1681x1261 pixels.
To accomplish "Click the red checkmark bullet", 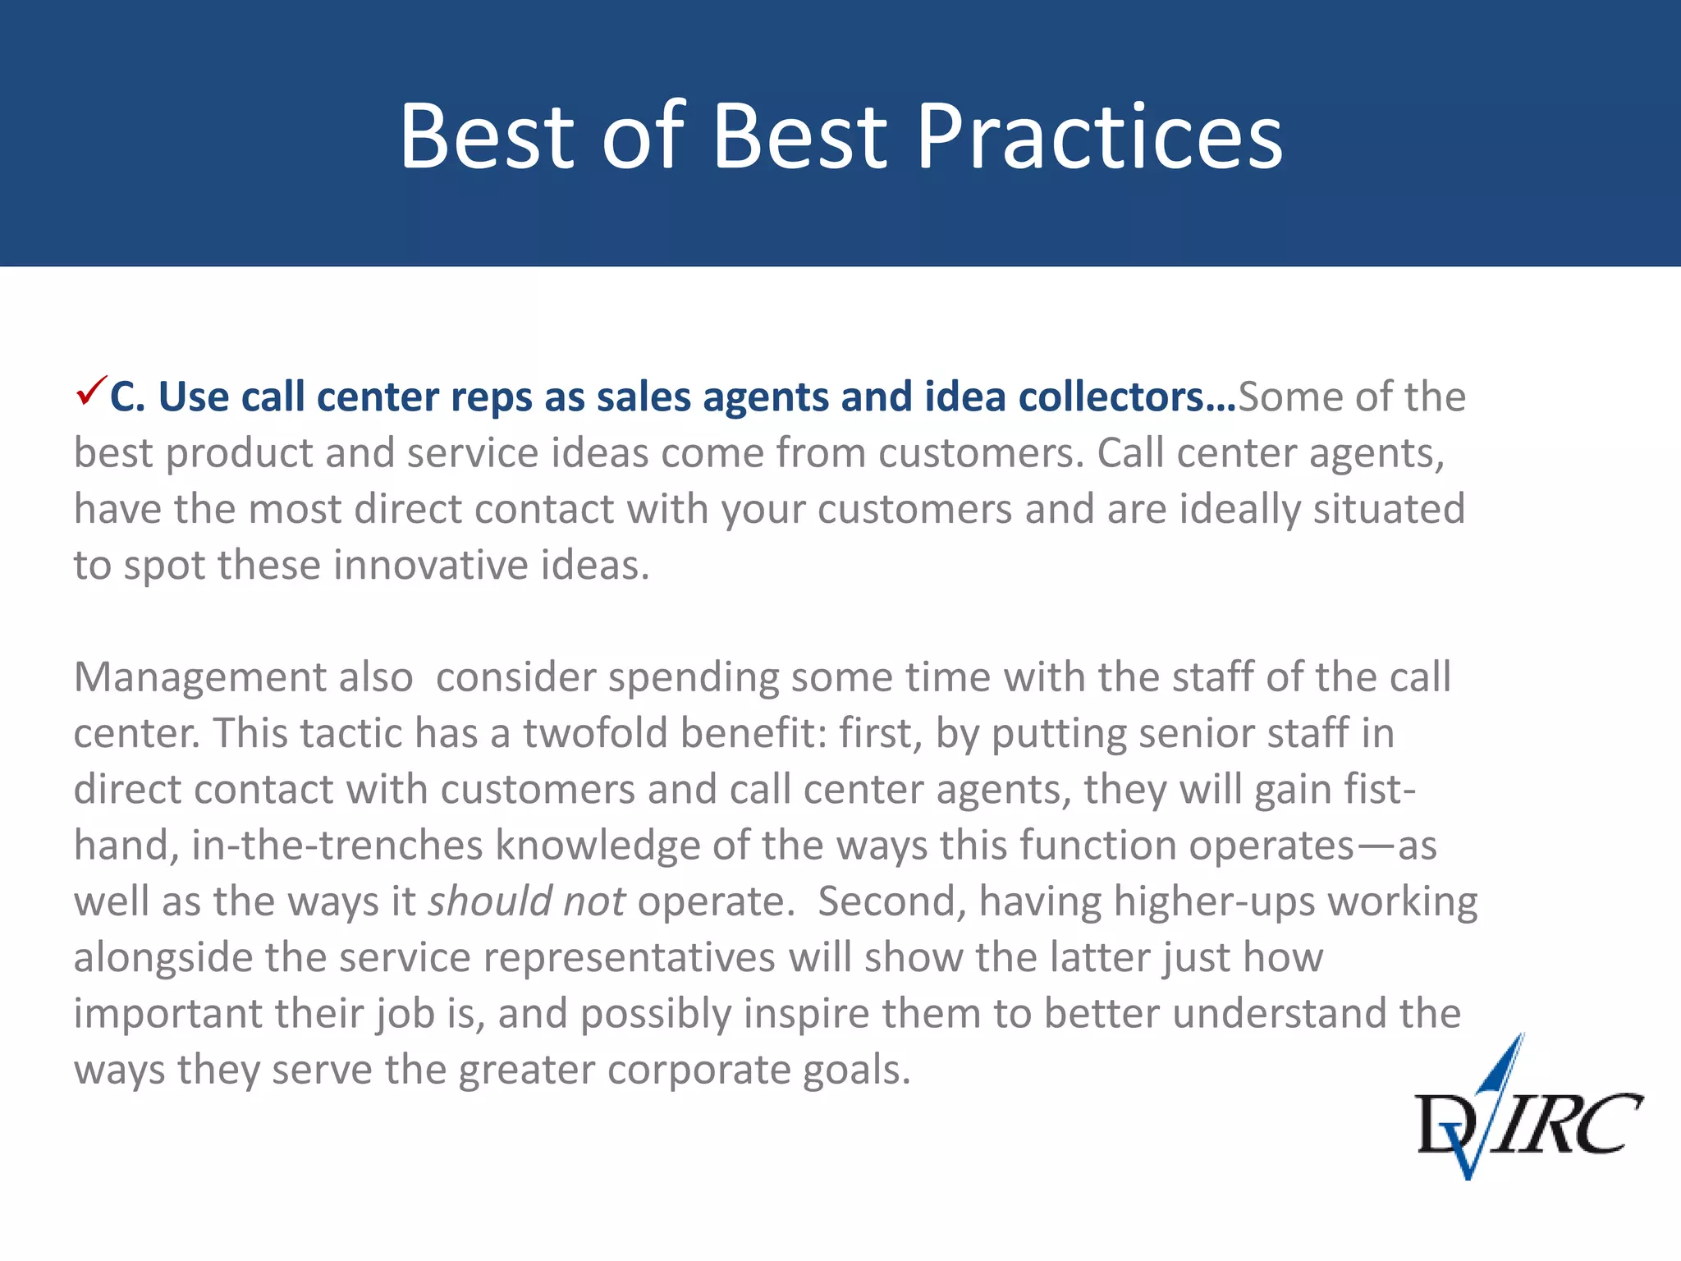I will pyautogui.click(x=90, y=391).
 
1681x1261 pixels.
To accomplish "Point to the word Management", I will pyautogui.click(x=243, y=678).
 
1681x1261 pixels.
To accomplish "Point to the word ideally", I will pyautogui.click(x=1239, y=510).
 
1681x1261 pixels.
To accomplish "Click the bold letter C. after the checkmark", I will pyautogui.click(x=127, y=397).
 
